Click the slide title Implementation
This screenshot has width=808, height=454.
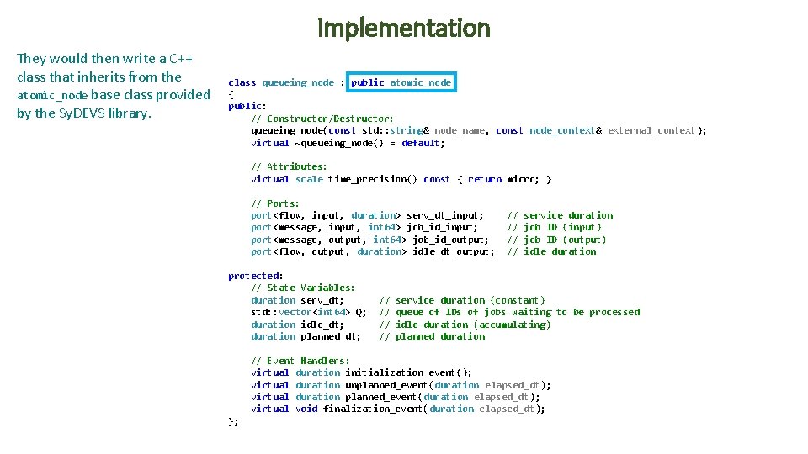(x=404, y=29)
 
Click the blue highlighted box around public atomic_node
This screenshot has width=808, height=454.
(x=401, y=82)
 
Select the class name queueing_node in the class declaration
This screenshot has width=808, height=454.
(x=298, y=82)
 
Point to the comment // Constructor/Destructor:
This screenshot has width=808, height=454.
(x=322, y=119)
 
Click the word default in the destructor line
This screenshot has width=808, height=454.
(x=422, y=143)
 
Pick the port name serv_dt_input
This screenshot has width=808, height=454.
(x=444, y=215)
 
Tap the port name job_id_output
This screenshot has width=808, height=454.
(x=450, y=240)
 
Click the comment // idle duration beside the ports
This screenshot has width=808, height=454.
(x=551, y=251)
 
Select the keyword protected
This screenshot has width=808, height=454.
(x=253, y=276)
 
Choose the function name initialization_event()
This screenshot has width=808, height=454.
(x=408, y=372)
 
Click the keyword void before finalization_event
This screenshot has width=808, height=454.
(x=306, y=409)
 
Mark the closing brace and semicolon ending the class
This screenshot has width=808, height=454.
(x=234, y=421)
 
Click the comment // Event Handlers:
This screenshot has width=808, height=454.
(x=300, y=361)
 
